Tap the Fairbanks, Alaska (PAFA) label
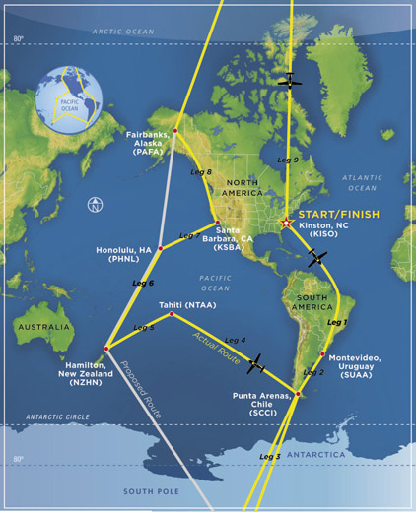pos(148,143)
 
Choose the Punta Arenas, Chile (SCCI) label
pos(261,402)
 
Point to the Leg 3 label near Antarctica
pos(271,457)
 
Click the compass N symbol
pos(94,206)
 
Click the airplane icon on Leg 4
pos(256,364)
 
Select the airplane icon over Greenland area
pos(290,81)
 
